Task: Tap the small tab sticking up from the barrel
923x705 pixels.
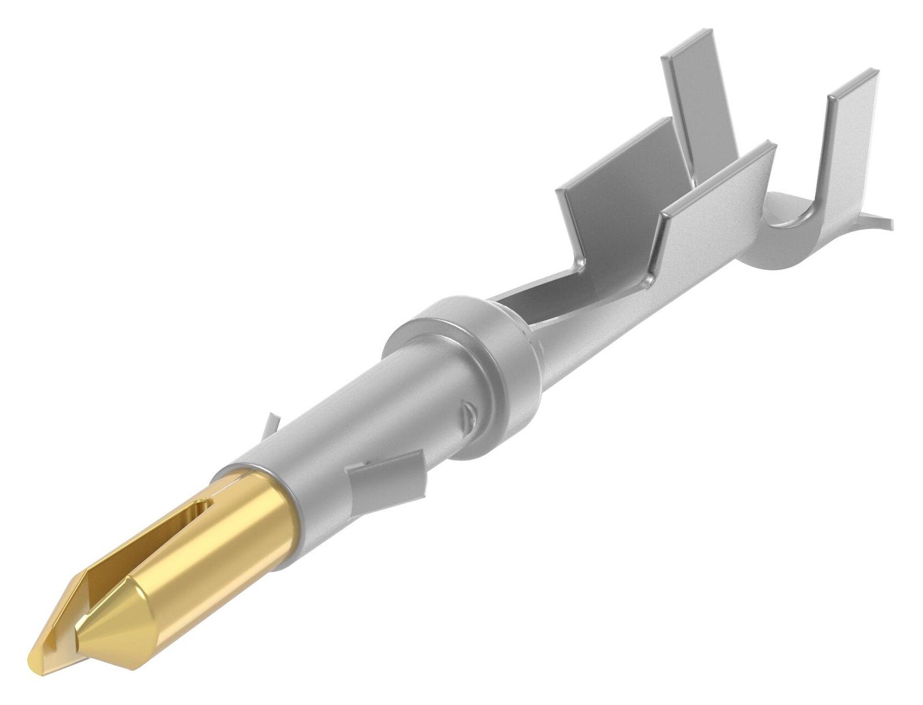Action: tap(270, 427)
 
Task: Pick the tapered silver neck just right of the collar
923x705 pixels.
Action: tap(577, 352)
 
